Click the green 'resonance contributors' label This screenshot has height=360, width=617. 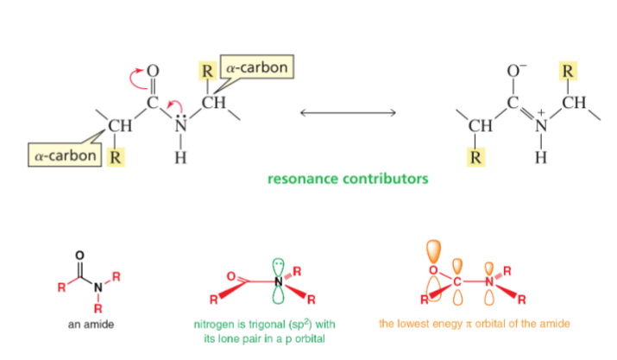pyautogui.click(x=348, y=180)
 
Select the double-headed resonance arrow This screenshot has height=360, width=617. pyautogui.click(x=348, y=113)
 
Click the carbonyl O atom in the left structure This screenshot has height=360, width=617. pyautogui.click(x=154, y=70)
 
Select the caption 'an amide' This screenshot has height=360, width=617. pyautogui.click(x=91, y=325)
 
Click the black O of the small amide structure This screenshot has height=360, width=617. pyautogui.click(x=80, y=256)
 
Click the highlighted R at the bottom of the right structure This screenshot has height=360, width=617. pyautogui.click(x=476, y=158)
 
